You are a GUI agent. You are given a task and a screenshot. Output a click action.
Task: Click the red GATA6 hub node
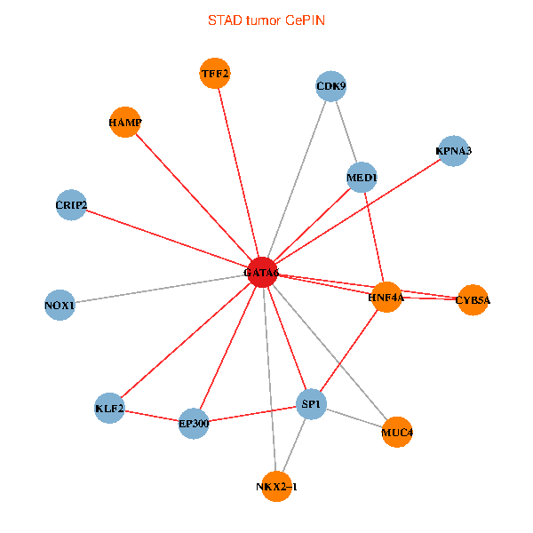tap(261, 273)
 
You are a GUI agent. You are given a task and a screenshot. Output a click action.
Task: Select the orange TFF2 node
tap(215, 74)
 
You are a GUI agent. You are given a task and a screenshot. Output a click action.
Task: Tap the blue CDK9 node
tap(330, 86)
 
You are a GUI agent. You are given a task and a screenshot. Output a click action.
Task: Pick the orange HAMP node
tap(125, 122)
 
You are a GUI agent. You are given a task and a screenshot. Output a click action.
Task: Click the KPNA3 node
tap(453, 151)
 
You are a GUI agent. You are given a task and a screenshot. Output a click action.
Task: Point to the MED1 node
tap(362, 178)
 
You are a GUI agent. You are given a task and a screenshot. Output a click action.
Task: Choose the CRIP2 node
tap(71, 206)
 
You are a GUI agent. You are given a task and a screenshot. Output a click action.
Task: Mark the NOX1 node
tap(60, 306)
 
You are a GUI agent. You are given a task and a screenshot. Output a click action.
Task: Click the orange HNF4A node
tap(386, 298)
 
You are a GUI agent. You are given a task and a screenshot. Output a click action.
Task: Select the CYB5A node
tap(473, 300)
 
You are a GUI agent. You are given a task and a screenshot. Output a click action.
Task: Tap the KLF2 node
tap(109, 409)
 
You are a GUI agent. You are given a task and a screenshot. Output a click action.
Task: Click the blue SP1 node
tap(312, 405)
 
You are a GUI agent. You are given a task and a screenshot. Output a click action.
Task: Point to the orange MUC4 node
tap(397, 433)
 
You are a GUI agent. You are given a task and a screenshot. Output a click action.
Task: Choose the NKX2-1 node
tap(276, 486)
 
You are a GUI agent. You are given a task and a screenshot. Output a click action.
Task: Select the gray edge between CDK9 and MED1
tap(346, 131)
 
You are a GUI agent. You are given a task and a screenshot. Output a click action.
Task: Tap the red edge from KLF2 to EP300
tap(151, 416)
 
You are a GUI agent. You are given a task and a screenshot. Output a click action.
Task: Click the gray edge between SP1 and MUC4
tap(354, 418)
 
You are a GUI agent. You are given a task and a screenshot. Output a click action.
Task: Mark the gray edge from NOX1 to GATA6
tap(160, 290)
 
